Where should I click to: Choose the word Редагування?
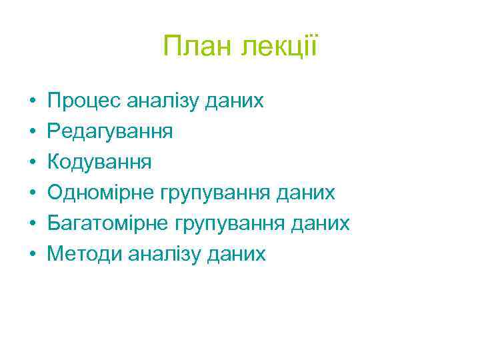pos(111,132)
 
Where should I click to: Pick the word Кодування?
pos(100,162)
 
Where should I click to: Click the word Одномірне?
pos(101,193)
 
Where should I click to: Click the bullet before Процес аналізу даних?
pos(32,101)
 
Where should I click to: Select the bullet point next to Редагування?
pos(32,132)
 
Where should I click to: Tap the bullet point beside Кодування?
pos(32,163)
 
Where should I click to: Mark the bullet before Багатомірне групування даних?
pos(32,224)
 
